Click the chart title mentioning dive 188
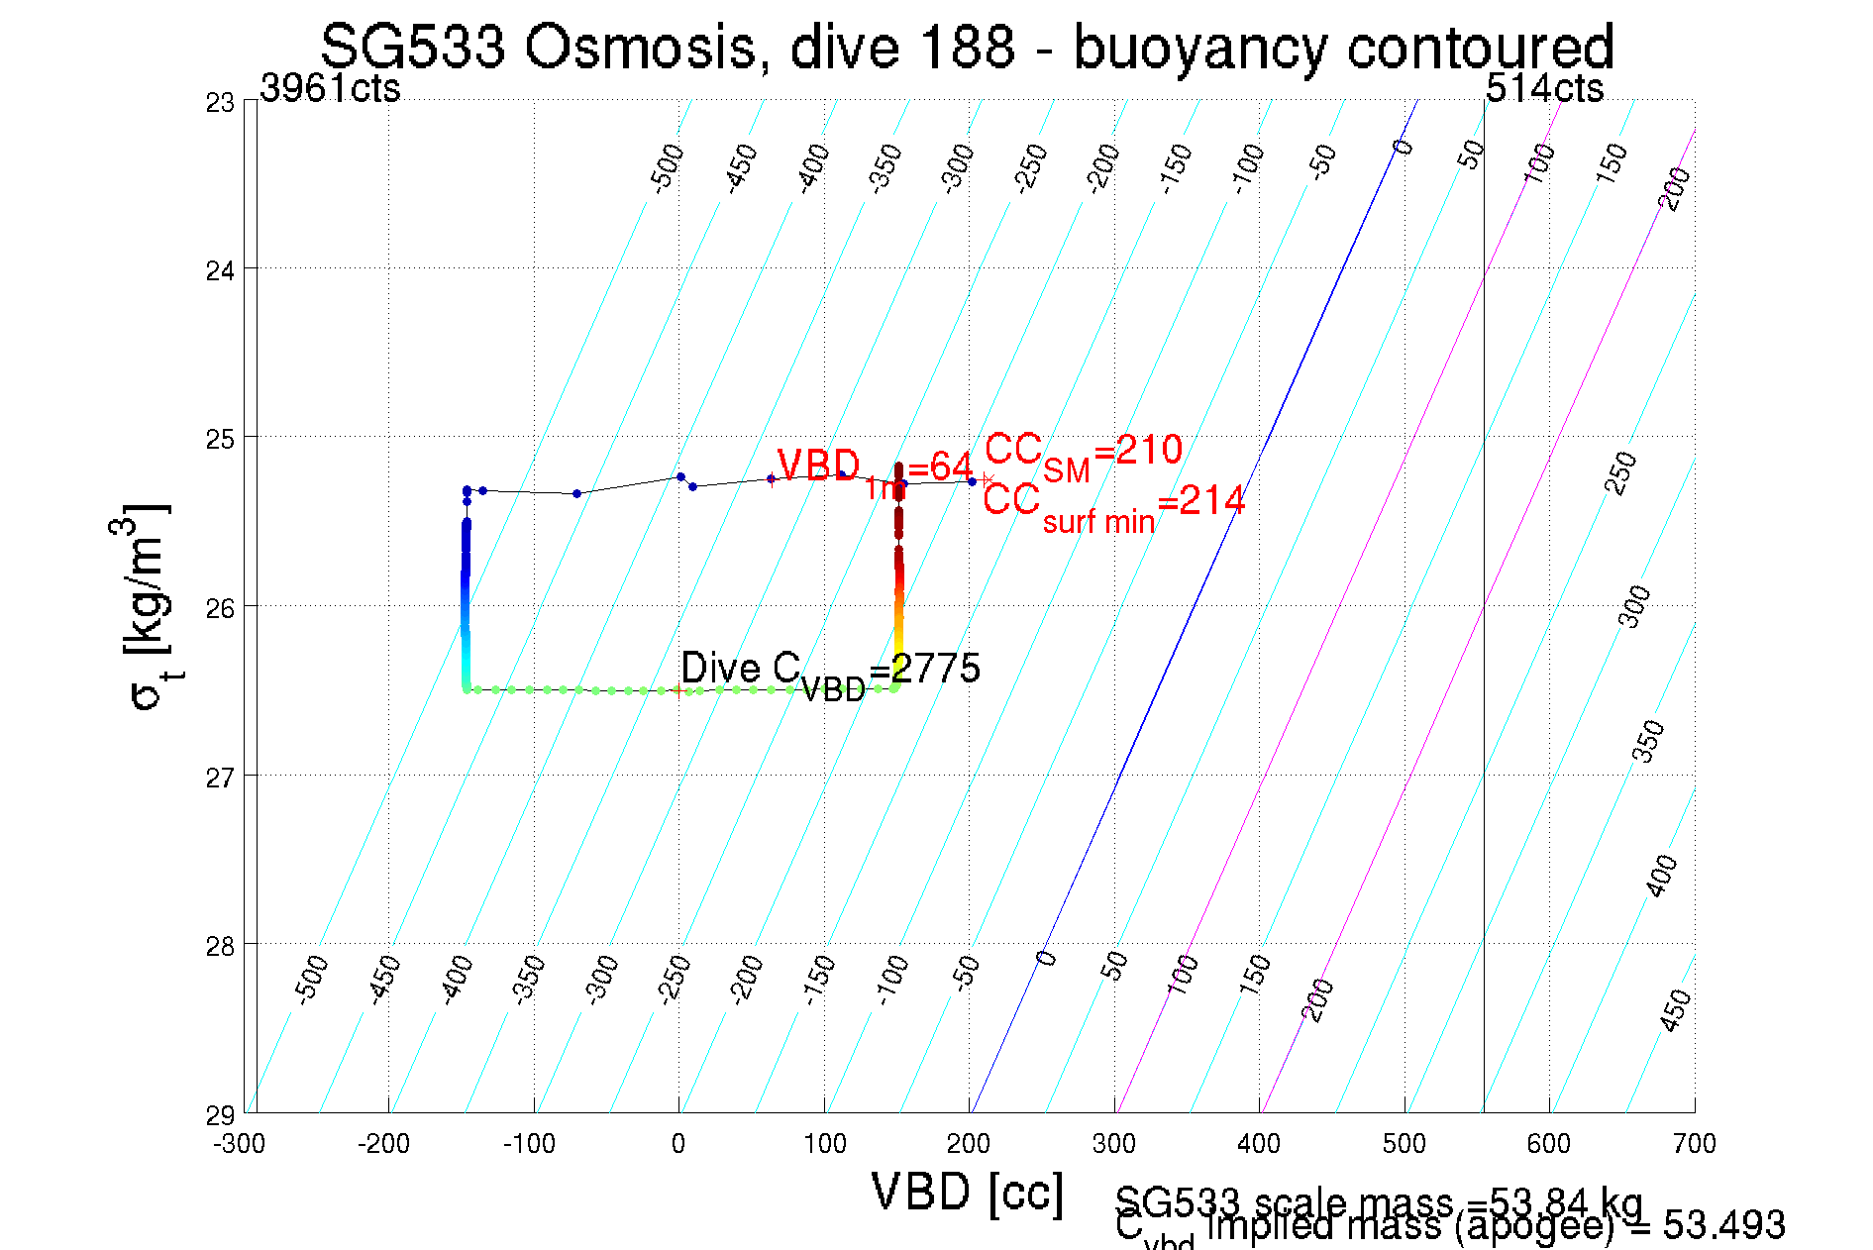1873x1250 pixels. click(x=967, y=46)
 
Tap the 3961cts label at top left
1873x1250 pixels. click(x=330, y=88)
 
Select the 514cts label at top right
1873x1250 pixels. click(x=1544, y=88)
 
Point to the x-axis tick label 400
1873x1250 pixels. click(x=1259, y=1144)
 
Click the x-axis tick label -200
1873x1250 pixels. click(x=383, y=1144)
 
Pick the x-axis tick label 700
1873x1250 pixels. click(x=1694, y=1144)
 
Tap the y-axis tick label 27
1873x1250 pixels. click(x=220, y=778)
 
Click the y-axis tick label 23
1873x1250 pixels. click(x=220, y=103)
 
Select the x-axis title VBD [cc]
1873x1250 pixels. click(x=967, y=1192)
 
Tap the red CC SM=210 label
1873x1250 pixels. click(x=1083, y=454)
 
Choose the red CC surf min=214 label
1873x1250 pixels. click(x=1113, y=503)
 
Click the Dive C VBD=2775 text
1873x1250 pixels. click(x=830, y=671)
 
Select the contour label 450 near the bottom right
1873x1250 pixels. click(x=1675, y=1010)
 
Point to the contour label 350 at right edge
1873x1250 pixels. click(x=1647, y=741)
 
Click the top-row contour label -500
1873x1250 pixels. click(x=667, y=166)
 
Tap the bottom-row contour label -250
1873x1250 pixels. click(x=674, y=980)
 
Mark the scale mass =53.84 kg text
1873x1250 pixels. click(x=1378, y=1203)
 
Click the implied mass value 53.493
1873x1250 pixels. click(x=1723, y=1226)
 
